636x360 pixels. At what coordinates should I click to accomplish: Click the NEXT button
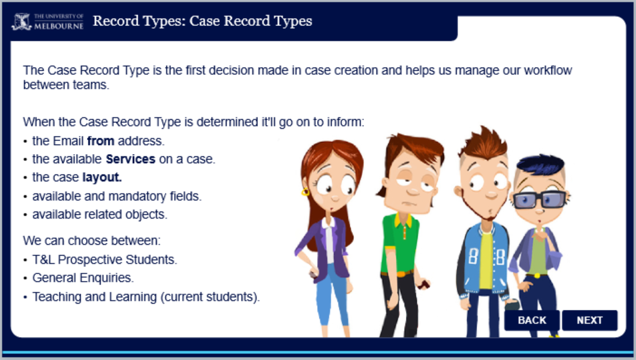[589, 320]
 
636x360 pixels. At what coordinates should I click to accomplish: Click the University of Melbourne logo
[48, 22]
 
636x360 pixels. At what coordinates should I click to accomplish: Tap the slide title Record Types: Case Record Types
[202, 21]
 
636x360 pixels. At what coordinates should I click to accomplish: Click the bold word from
[101, 141]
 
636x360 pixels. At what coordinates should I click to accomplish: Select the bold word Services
[130, 159]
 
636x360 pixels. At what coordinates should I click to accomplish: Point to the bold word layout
[102, 178]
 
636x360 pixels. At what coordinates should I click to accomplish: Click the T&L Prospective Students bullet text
[104, 259]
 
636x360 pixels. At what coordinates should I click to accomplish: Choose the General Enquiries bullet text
[83, 278]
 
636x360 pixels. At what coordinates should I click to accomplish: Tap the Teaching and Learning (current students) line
[146, 297]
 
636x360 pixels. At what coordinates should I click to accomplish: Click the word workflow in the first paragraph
[548, 70]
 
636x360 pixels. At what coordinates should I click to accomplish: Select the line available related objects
[100, 214]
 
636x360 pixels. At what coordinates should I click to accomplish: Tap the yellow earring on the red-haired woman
[305, 192]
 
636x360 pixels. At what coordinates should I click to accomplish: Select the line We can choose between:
[92, 240]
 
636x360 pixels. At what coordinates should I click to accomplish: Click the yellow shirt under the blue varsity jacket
[486, 259]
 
